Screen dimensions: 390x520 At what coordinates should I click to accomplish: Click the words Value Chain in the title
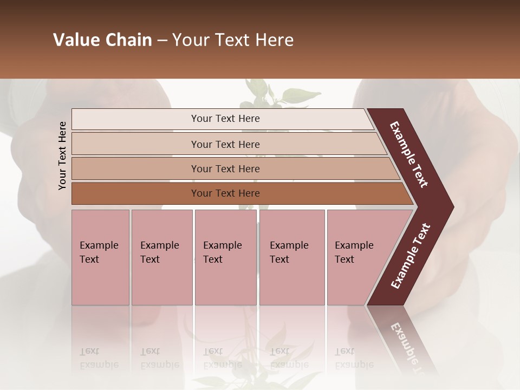pos(102,40)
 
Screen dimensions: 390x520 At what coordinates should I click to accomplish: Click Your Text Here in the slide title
pos(233,40)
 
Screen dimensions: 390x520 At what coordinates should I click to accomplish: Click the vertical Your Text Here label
pos(62,155)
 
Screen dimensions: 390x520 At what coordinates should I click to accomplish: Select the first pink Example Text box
pos(100,257)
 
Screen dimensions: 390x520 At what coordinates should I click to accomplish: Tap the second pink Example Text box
pos(161,257)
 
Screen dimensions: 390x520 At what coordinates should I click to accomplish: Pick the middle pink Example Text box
pos(225,257)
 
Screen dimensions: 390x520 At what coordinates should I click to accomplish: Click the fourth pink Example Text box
pos(291,257)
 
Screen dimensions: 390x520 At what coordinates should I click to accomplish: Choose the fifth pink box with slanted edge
pos(357,257)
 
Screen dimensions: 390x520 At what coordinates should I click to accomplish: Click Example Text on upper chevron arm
pos(409,154)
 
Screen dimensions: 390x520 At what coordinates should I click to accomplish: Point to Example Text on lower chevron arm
pos(410,256)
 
